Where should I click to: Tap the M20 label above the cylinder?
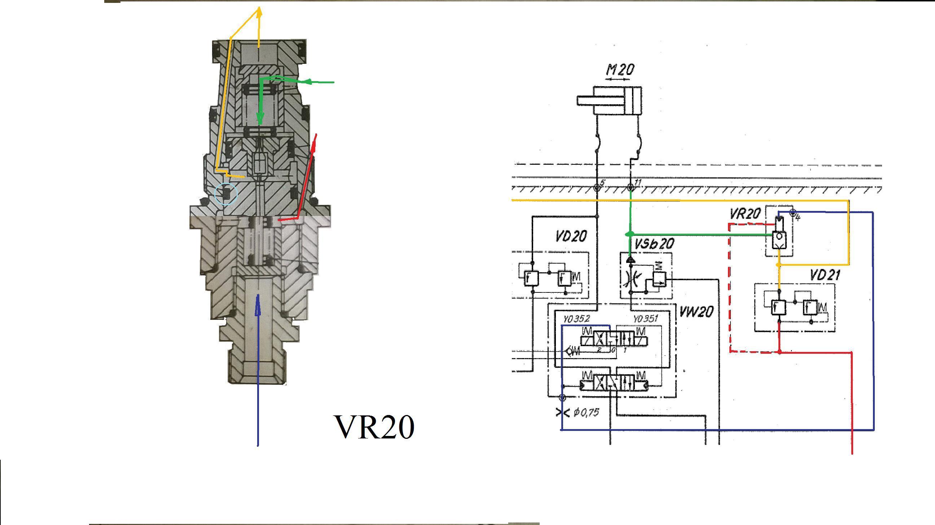(x=620, y=69)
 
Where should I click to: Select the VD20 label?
(x=571, y=237)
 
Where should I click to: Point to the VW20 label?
(x=696, y=312)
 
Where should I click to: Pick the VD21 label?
(x=825, y=275)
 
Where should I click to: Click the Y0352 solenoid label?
(x=576, y=319)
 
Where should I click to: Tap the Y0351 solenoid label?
(x=645, y=319)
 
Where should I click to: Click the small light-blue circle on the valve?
(x=226, y=194)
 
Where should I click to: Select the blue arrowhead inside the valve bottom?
(x=258, y=305)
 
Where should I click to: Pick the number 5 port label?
(x=602, y=182)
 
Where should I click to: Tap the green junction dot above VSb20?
(x=631, y=234)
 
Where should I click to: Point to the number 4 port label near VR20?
(x=798, y=218)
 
